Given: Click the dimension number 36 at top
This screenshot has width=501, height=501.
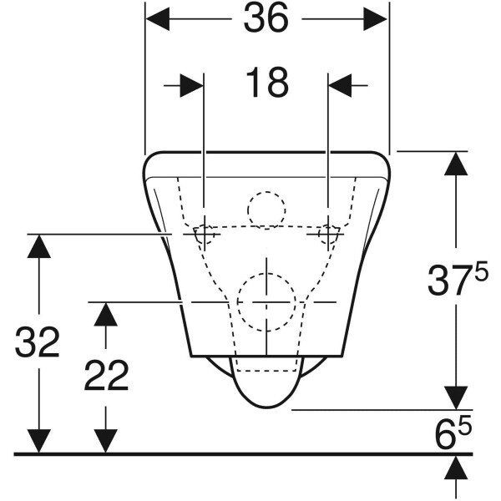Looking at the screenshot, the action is (266, 18).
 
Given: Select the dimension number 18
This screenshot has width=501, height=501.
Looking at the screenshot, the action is (267, 83).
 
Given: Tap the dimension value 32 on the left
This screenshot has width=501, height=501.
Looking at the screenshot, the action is (38, 342).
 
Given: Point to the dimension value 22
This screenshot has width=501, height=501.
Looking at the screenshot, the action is (106, 376).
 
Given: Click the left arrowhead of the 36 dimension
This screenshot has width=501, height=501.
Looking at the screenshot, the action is (158, 19).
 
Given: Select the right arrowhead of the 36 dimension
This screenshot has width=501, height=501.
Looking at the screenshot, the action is (375, 19).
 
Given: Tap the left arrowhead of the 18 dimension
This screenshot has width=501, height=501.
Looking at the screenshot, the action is (192, 86).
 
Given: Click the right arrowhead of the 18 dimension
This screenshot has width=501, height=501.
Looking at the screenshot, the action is (340, 86).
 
